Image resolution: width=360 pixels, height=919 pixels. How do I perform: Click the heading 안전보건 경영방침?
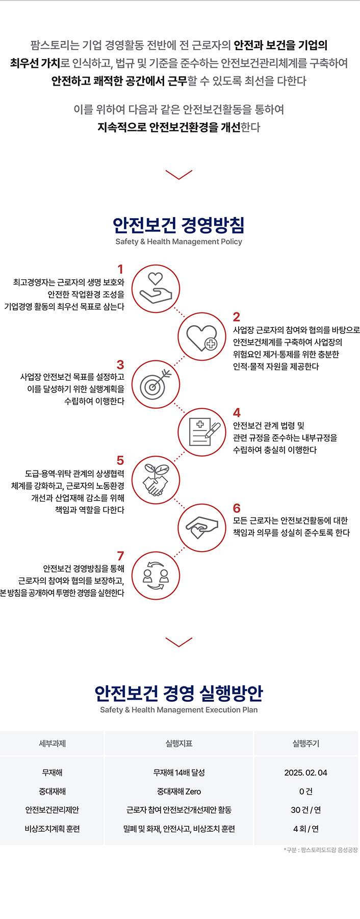pos(178,224)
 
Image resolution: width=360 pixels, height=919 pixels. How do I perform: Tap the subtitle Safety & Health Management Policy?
pos(178,242)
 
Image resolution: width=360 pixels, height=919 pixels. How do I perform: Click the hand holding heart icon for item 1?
pos(156,289)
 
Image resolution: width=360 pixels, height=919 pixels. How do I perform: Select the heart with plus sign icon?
pos(201,337)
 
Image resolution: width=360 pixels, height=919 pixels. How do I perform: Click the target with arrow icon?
pos(156,385)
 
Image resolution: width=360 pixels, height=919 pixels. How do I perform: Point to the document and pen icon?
pos(201,433)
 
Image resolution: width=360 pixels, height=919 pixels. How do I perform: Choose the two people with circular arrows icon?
pos(156,576)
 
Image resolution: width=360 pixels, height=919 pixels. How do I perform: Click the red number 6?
pos(237,508)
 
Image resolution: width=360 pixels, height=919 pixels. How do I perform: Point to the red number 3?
pos(120,365)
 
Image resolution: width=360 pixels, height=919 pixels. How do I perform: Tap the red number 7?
pos(120,556)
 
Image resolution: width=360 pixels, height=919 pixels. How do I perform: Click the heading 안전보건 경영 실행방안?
pos(178,693)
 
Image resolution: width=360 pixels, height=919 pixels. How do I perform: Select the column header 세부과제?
pos(52,744)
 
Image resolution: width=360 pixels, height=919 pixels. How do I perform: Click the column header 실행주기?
pos(305,744)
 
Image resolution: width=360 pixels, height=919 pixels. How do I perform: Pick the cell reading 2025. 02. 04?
pos(305,773)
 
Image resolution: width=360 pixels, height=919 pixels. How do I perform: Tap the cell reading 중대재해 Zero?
pos(179,792)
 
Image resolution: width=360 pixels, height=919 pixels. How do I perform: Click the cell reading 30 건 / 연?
pos(305,810)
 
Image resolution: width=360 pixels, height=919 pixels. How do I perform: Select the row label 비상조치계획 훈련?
pos(52,829)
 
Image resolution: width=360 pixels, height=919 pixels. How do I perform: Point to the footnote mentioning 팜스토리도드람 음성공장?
pos(321,850)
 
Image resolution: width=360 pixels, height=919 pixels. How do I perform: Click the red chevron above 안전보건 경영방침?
pos(179,175)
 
